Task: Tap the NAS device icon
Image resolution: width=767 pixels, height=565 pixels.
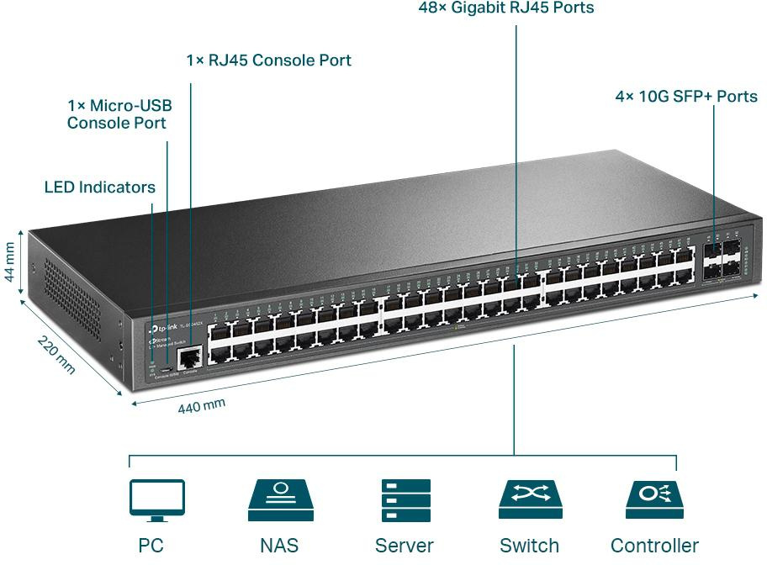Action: click(280, 500)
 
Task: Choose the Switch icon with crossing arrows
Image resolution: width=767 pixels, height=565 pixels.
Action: click(530, 500)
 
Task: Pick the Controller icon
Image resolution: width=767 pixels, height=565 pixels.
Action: click(654, 500)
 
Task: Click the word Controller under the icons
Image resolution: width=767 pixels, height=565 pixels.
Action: click(654, 546)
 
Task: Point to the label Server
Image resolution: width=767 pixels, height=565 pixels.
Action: click(405, 546)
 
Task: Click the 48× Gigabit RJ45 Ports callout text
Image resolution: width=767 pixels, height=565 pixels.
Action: click(506, 8)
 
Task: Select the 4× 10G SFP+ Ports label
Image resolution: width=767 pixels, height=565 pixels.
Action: click(686, 97)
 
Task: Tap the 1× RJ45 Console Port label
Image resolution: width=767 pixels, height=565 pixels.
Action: click(268, 61)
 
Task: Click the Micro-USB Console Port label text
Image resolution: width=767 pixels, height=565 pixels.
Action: click(119, 114)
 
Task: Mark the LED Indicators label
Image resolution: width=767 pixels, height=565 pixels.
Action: click(99, 187)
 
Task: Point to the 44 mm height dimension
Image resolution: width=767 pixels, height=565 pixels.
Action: click(10, 263)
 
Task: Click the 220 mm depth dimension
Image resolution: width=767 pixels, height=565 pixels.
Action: click(56, 356)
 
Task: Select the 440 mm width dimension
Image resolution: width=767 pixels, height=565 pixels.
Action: click(202, 406)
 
